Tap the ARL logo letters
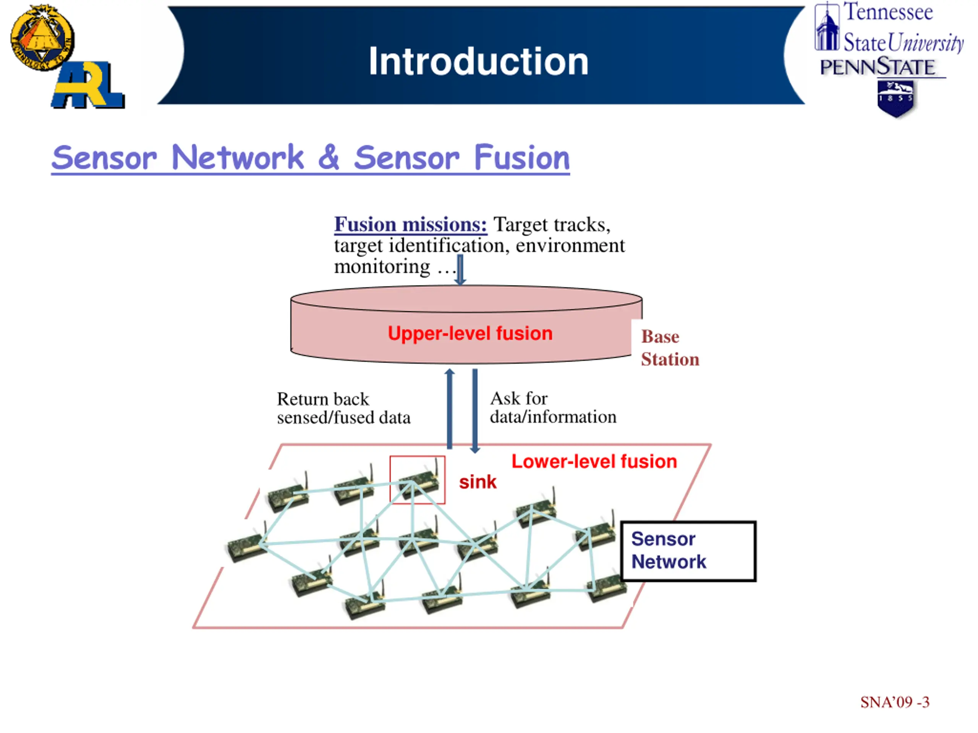(x=88, y=85)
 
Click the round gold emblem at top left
(x=42, y=37)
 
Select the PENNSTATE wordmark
(x=878, y=67)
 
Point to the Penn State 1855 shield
(x=896, y=99)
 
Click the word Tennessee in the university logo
(x=888, y=12)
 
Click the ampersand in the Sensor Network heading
(x=329, y=157)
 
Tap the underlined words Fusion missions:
(x=410, y=224)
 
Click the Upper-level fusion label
(x=470, y=334)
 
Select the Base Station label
(x=670, y=348)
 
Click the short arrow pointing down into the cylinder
(x=460, y=270)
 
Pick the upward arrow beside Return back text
(x=450, y=409)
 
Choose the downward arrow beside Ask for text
(x=475, y=411)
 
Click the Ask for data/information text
(x=553, y=407)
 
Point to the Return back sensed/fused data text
(x=343, y=408)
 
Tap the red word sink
(x=478, y=482)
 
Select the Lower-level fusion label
(x=594, y=462)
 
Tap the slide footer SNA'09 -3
(x=894, y=702)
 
